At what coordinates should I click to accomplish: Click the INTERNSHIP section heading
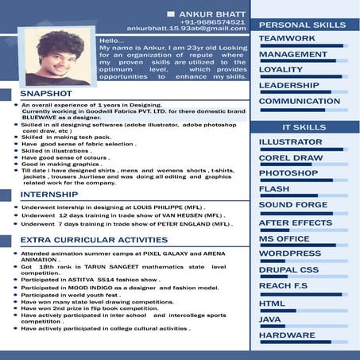48,194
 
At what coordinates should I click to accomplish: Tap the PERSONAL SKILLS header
303,25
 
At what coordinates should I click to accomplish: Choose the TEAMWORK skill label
287,38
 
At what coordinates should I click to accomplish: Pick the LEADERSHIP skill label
289,85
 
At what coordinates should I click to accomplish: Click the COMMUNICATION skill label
299,101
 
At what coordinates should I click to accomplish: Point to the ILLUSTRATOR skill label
291,142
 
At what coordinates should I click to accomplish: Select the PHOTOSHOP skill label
288,172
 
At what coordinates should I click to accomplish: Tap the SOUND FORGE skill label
293,204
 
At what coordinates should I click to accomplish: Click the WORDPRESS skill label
289,253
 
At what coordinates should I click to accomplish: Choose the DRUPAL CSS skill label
288,269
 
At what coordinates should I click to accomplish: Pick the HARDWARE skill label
287,335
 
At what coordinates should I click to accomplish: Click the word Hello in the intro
112,40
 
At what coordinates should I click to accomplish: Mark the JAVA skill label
270,319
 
